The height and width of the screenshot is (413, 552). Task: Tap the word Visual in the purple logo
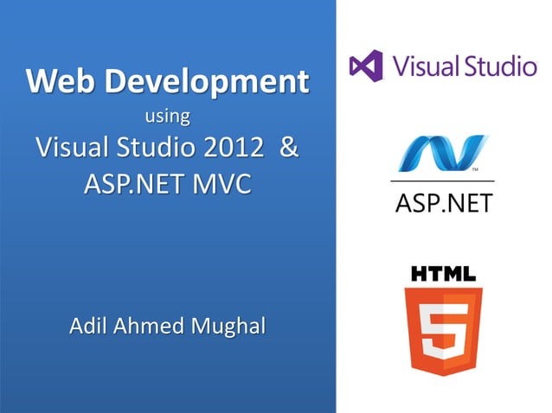pyautogui.click(x=420, y=66)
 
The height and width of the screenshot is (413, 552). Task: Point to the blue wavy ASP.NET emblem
pyautogui.click(x=443, y=154)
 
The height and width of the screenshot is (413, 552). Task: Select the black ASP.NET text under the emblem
pyautogui.click(x=443, y=203)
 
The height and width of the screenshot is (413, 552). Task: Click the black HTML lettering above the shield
pyautogui.click(x=443, y=275)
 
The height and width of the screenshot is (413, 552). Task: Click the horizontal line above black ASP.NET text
pyautogui.click(x=443, y=181)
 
